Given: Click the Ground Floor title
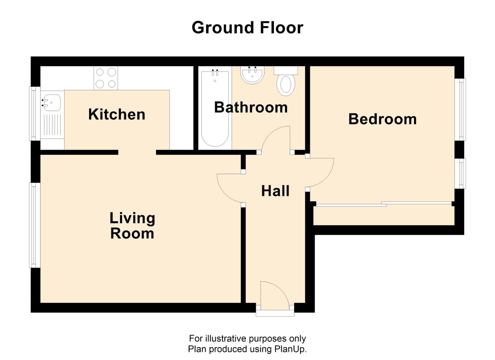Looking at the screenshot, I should click(247, 28).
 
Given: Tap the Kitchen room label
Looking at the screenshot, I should click(117, 114).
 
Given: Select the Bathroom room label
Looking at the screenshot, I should click(251, 107).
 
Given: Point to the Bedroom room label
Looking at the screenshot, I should click(382, 119).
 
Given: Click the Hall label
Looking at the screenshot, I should click(275, 191).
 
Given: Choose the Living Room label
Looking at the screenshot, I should click(132, 226).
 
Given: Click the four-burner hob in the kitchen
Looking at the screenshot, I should click(106, 78).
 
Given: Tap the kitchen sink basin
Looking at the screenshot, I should click(52, 103).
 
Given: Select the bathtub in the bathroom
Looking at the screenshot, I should click(215, 108).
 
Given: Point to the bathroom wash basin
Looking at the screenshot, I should click(252, 75).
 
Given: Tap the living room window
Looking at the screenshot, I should click(34, 225).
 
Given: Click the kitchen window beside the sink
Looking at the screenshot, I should click(34, 113).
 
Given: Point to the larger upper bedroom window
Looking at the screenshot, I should click(461, 110).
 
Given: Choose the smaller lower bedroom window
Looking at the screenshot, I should click(461, 173).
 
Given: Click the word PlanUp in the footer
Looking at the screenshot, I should click(289, 349).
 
